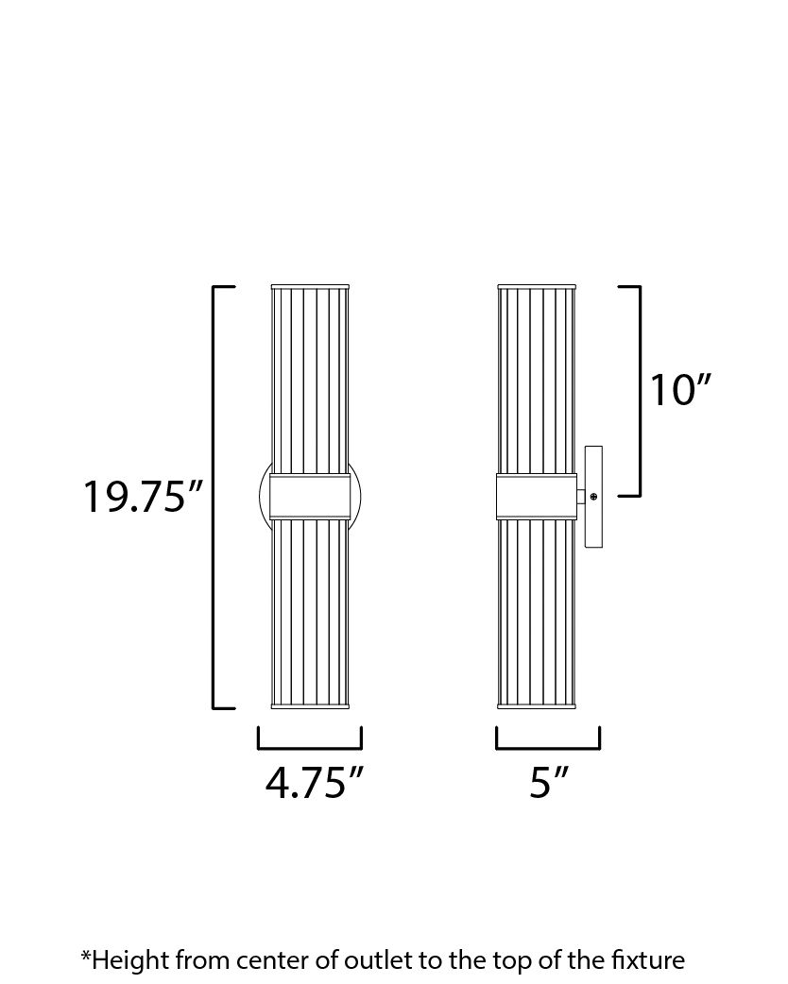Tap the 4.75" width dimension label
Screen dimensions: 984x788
(x=315, y=783)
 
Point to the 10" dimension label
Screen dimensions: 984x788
(x=678, y=390)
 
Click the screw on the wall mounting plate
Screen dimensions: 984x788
(x=593, y=496)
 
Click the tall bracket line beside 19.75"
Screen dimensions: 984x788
(x=214, y=496)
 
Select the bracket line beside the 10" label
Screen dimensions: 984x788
(x=640, y=390)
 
